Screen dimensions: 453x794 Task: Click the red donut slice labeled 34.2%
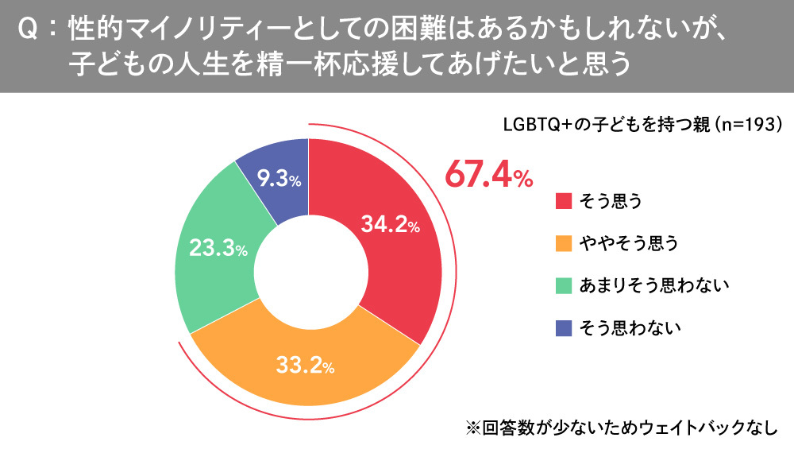tap(397, 262)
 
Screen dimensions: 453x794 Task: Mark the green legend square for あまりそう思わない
tap(563, 285)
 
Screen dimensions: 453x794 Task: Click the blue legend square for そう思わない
tap(563, 327)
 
